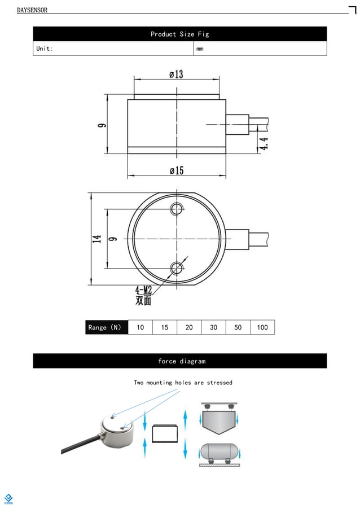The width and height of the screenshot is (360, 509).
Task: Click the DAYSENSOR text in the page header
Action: point(32,10)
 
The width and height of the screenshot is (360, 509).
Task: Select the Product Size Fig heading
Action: point(179,34)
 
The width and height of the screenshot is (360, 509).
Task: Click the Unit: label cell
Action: point(45,49)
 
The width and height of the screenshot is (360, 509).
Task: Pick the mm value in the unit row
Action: point(200,49)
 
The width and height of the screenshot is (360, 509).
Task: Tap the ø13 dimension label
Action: point(176,74)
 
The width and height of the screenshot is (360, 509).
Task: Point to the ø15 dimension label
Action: point(177,171)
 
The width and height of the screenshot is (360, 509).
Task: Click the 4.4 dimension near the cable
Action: point(264,143)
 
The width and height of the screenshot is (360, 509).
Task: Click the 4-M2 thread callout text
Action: point(143,290)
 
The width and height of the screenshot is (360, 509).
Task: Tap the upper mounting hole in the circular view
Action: point(178,210)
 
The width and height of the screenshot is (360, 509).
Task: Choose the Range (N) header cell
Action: point(107,327)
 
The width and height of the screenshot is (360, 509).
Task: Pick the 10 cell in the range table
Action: point(141,327)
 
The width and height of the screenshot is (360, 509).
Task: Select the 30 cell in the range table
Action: point(213,327)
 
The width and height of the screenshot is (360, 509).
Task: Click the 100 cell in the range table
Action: point(262,327)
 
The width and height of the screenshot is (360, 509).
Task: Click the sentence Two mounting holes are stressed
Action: point(183,383)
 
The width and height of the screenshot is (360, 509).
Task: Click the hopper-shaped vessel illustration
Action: point(219,420)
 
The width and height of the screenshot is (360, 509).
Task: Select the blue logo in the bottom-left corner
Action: point(8,498)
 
